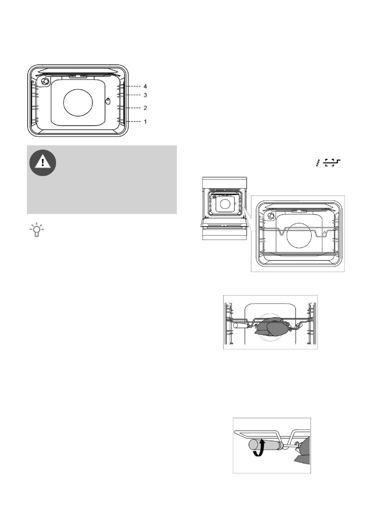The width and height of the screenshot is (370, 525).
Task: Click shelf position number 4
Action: pyautogui.click(x=145, y=86)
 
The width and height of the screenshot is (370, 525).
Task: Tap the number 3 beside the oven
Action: pyautogui.click(x=145, y=95)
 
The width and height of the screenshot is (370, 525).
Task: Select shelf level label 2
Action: pyautogui.click(x=145, y=108)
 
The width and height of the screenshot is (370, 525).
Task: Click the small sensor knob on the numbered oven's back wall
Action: pyautogui.click(x=108, y=101)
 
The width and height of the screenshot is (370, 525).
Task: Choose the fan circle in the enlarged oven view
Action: pyautogui.click(x=301, y=238)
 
